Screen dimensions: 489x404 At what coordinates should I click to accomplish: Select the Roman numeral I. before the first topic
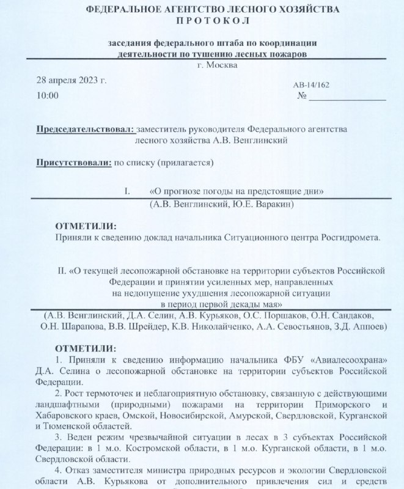pyautogui.click(x=128, y=192)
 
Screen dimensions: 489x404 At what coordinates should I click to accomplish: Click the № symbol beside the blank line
pyautogui.click(x=302, y=97)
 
